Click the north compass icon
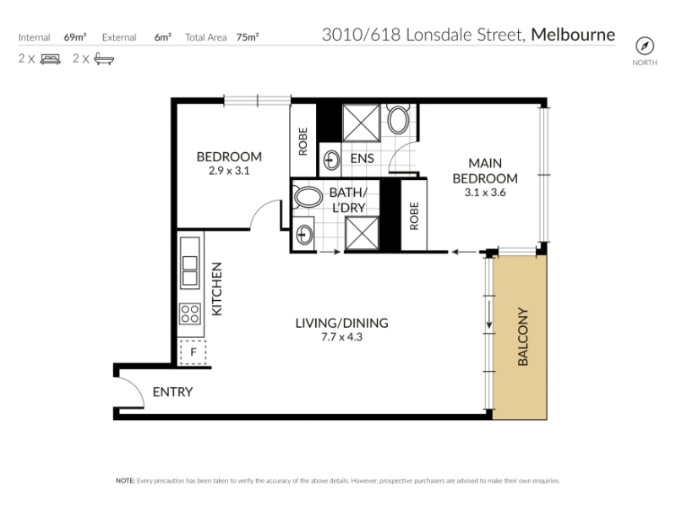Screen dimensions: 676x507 pyautogui.click(x=645, y=46)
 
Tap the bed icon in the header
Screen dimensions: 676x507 pyautogui.click(x=50, y=58)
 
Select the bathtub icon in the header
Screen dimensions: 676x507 pyautogui.click(x=104, y=58)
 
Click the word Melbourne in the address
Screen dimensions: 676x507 pyautogui.click(x=573, y=35)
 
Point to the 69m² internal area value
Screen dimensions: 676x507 pyautogui.click(x=75, y=37)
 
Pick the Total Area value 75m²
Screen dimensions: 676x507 pyautogui.click(x=248, y=37)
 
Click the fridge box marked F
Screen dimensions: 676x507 pyautogui.click(x=193, y=352)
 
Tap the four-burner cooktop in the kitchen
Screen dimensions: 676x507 pyautogui.click(x=190, y=313)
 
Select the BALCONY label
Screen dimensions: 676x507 pyautogui.click(x=522, y=336)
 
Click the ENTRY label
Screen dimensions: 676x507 pyautogui.click(x=173, y=392)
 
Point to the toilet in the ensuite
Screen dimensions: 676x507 pyautogui.click(x=398, y=118)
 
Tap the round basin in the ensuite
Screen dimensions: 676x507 pyautogui.click(x=331, y=161)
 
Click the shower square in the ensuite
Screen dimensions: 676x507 pyautogui.click(x=362, y=123)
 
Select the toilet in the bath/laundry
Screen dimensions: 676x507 pyautogui.click(x=307, y=197)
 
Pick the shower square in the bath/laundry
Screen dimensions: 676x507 pyautogui.click(x=362, y=233)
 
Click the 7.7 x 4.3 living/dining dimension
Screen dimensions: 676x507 pyautogui.click(x=342, y=336)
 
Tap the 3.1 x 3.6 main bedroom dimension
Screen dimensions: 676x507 pyautogui.click(x=485, y=193)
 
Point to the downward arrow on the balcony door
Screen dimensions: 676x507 pyautogui.click(x=489, y=314)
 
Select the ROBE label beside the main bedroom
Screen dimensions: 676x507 pyautogui.click(x=414, y=216)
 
